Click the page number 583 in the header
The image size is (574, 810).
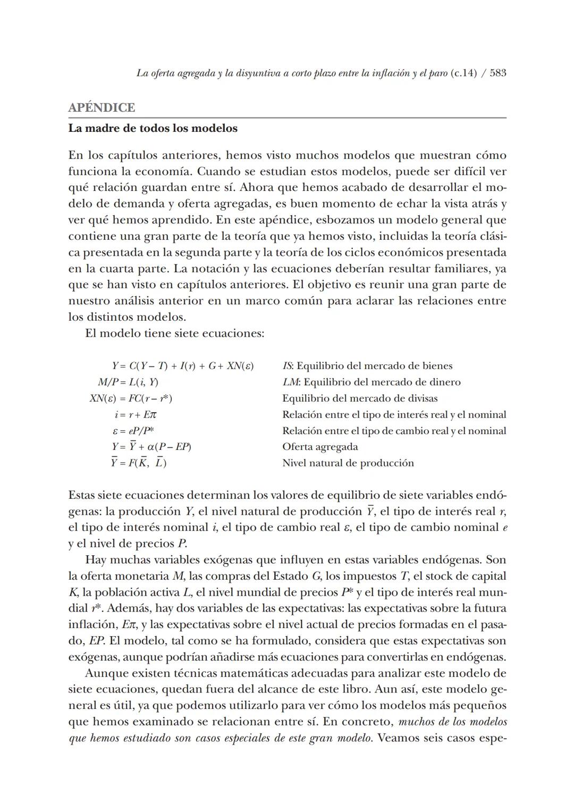tap(497, 73)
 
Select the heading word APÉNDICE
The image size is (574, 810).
tap(102, 107)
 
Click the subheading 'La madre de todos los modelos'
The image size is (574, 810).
tap(153, 128)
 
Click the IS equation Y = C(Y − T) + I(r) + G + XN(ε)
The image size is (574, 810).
tap(182, 366)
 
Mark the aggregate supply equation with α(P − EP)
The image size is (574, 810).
tap(151, 447)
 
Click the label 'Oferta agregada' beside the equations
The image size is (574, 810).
tap(320, 447)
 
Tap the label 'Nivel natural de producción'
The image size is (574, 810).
tap(348, 463)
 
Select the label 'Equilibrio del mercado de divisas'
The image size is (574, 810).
tap(360, 398)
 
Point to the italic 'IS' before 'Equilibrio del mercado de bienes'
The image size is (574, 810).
tap(287, 366)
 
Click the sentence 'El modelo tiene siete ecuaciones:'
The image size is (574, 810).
tap(174, 333)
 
